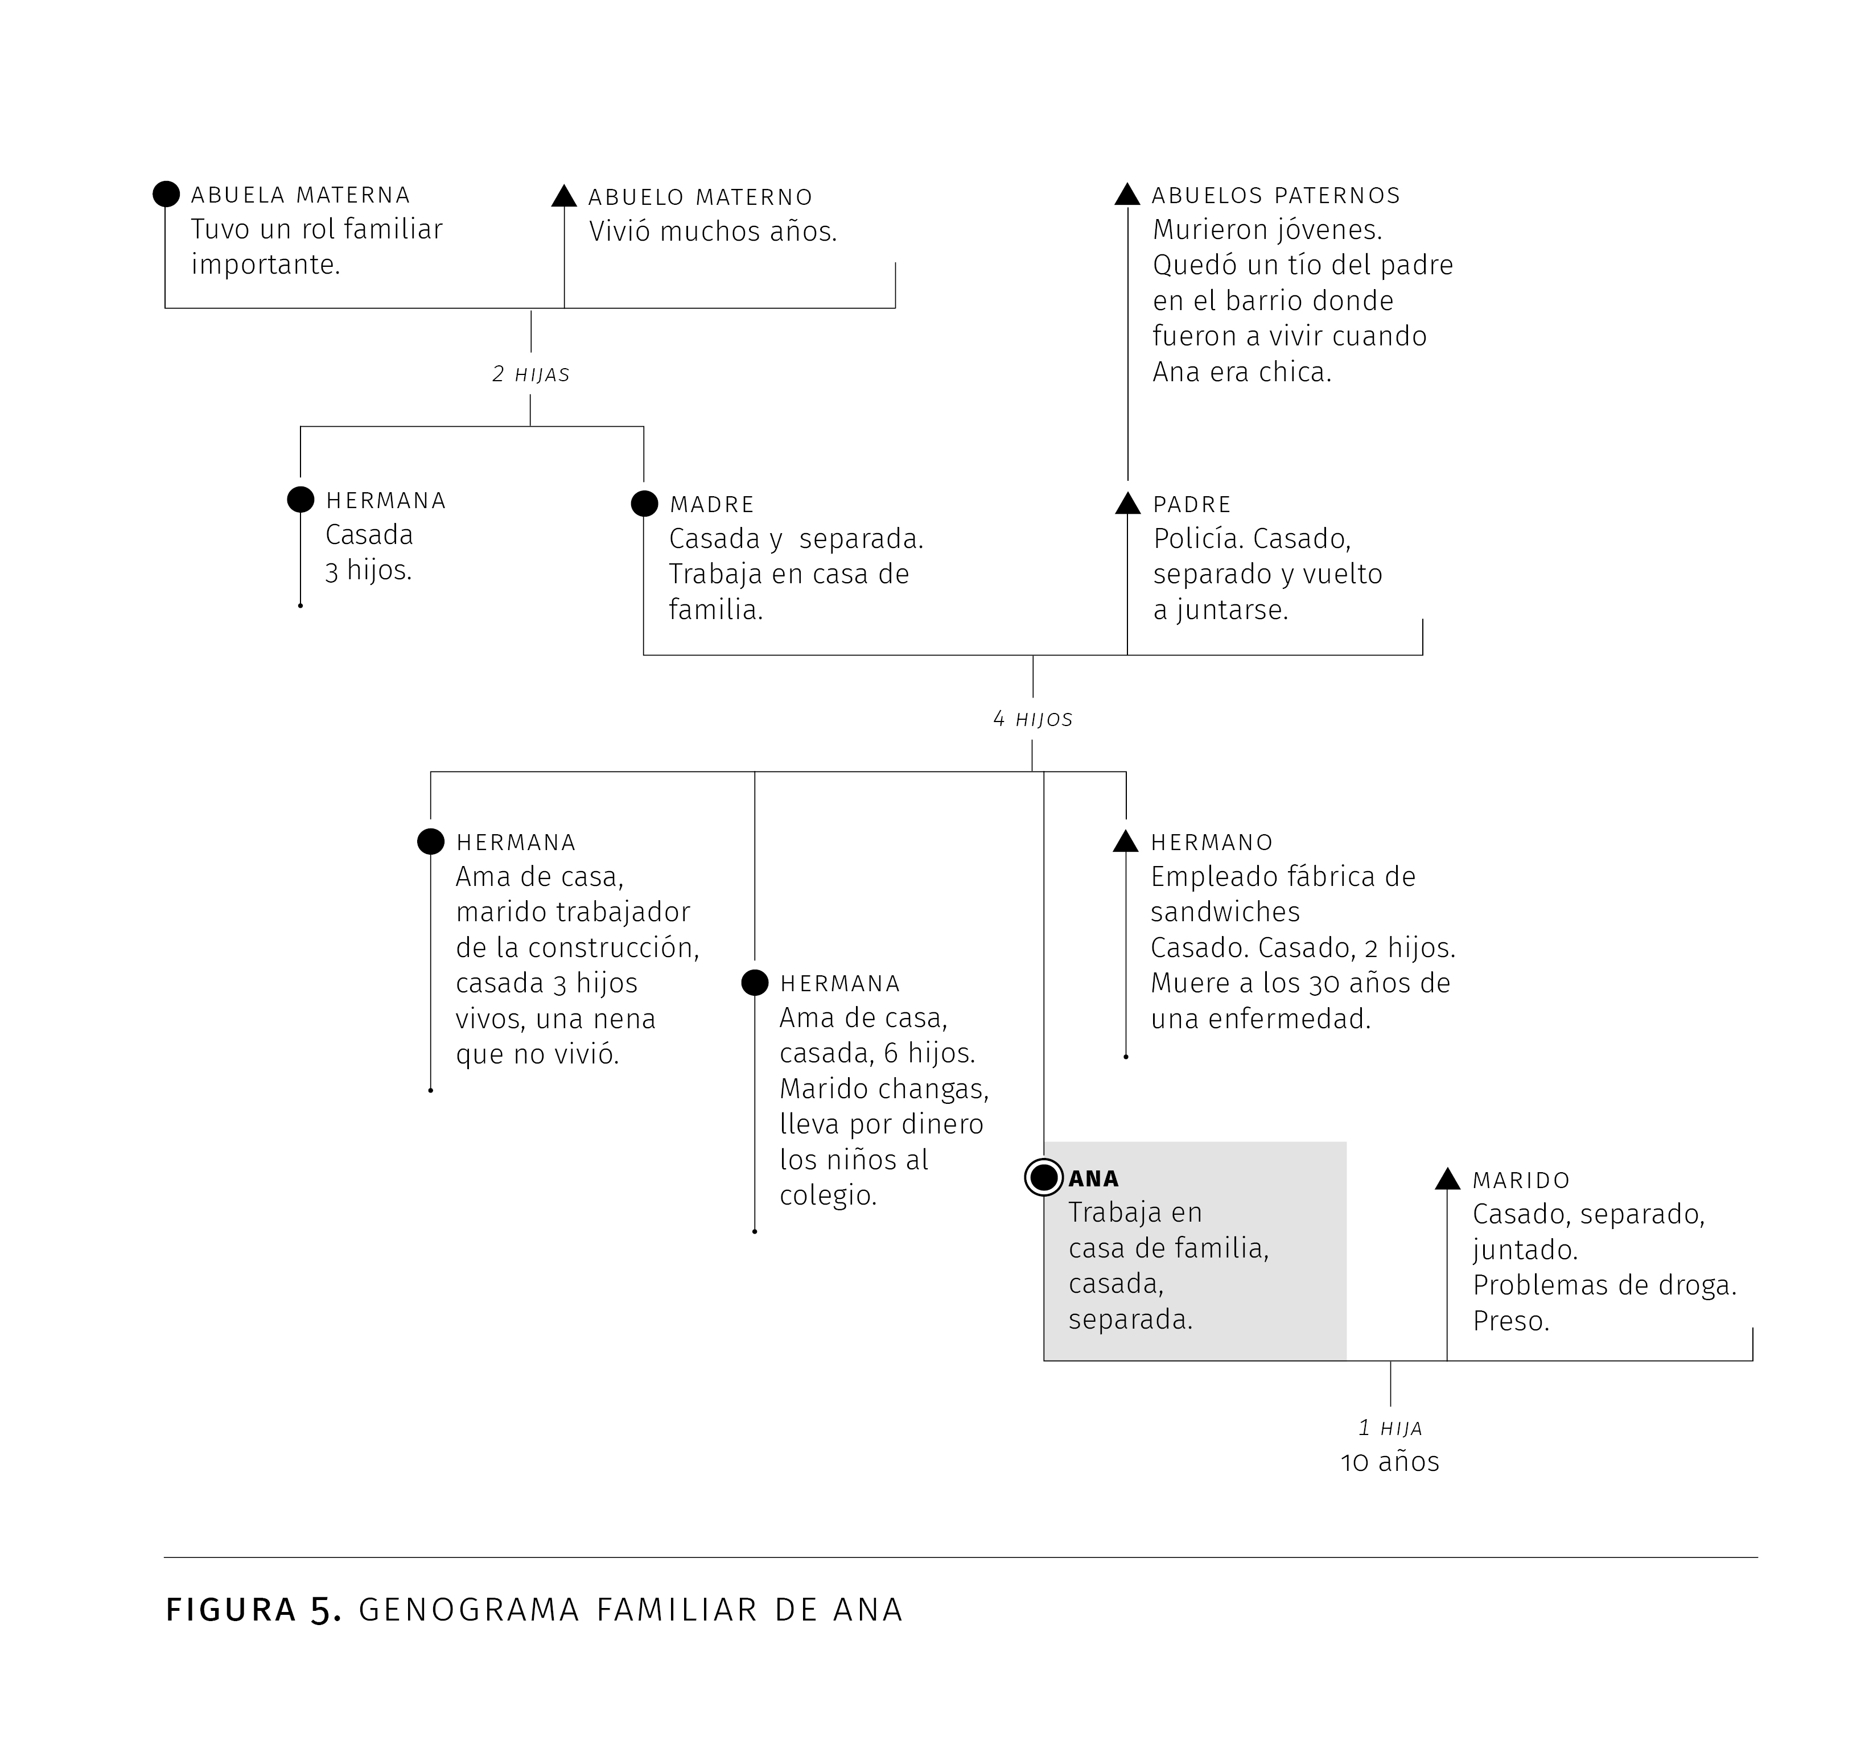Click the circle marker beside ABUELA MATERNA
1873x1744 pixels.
(x=166, y=194)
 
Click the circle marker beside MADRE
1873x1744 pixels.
(x=644, y=503)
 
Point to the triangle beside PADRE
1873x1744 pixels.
(x=1128, y=503)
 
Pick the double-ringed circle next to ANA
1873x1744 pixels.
(x=1044, y=1178)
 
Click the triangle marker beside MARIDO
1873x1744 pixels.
(x=1447, y=1178)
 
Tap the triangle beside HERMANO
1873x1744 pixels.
(x=1126, y=842)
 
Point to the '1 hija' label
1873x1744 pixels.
(x=1390, y=1428)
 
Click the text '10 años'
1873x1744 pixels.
(x=1390, y=1462)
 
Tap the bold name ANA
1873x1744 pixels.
(x=1094, y=1178)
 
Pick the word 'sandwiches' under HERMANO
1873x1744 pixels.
(x=1225, y=912)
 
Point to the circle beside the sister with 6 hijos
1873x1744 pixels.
(x=755, y=983)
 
